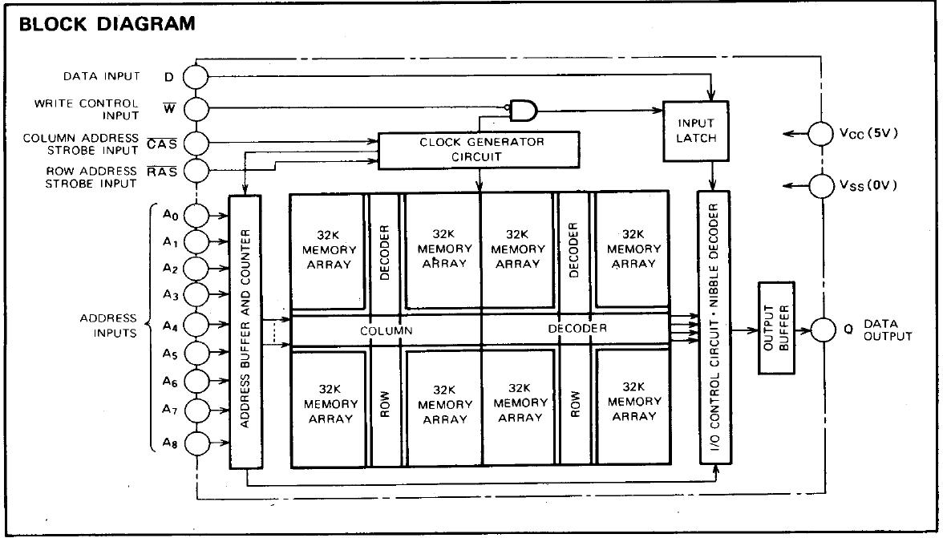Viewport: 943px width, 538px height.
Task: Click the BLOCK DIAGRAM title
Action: [x=107, y=23]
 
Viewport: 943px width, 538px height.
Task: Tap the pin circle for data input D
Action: [x=196, y=77]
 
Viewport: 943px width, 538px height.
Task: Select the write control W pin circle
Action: [x=196, y=109]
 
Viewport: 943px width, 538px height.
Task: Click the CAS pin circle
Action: [x=196, y=143]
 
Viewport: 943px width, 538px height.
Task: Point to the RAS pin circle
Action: [x=196, y=171]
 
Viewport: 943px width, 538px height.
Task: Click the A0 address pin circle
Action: [x=196, y=215]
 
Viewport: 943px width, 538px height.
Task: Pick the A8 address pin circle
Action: [x=196, y=444]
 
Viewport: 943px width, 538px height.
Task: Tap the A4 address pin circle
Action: [x=196, y=325]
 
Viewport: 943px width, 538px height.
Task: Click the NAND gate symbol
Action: [x=523, y=110]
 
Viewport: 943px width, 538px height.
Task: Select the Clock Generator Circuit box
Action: [x=479, y=150]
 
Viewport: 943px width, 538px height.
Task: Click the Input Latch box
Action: [x=696, y=131]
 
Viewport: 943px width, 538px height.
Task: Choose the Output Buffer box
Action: [x=776, y=328]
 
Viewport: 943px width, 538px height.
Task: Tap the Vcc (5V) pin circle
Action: [x=821, y=133]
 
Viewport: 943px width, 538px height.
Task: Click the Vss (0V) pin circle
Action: [x=821, y=184]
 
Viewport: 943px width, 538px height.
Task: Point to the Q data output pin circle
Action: [x=822, y=330]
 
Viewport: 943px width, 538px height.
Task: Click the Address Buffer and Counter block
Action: [x=245, y=331]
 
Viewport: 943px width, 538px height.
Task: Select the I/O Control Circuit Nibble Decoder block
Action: [x=714, y=328]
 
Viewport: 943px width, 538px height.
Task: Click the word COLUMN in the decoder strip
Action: [x=387, y=330]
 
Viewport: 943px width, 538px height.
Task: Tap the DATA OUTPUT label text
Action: [x=888, y=330]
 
